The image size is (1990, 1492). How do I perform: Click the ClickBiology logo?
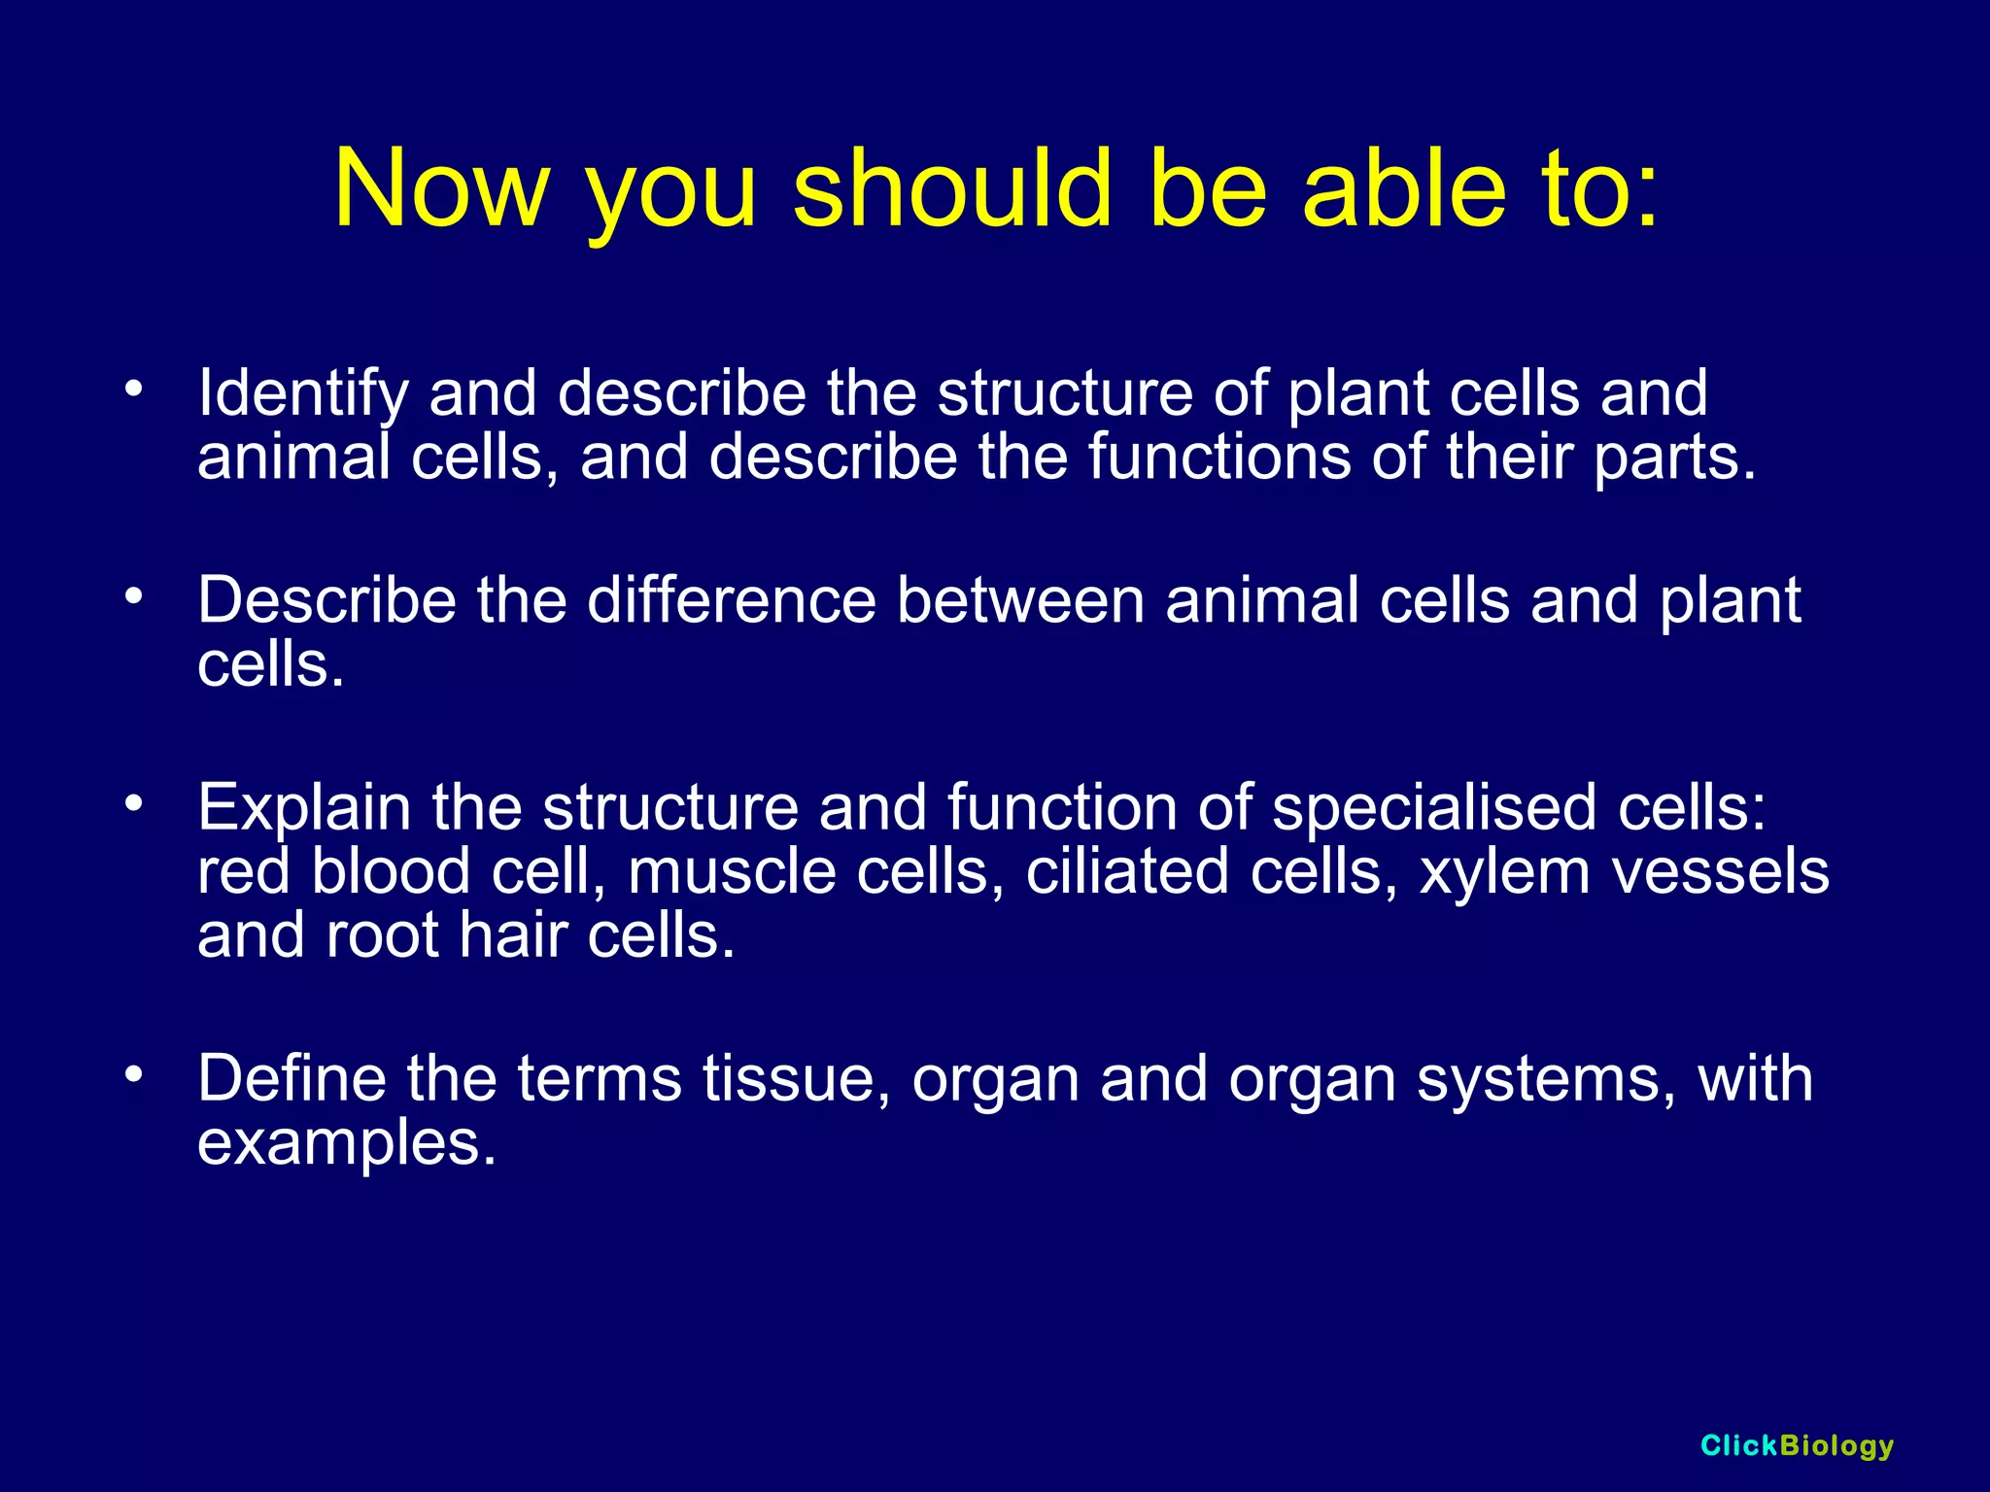(1797, 1445)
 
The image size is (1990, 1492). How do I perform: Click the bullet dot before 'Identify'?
(134, 390)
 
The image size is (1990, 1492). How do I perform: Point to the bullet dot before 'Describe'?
(134, 596)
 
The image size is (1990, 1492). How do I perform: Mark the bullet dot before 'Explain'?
(134, 803)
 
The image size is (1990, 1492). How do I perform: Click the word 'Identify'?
(303, 393)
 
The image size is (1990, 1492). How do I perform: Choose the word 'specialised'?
(1434, 808)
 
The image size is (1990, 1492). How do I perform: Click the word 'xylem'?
(1504, 872)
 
